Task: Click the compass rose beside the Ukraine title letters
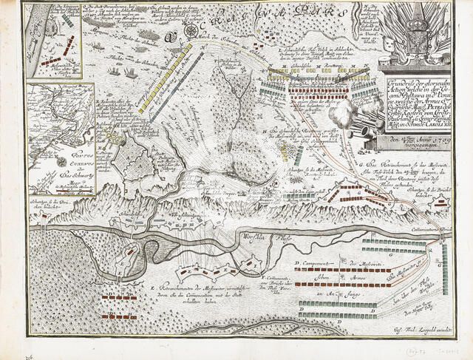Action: tap(171, 34)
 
